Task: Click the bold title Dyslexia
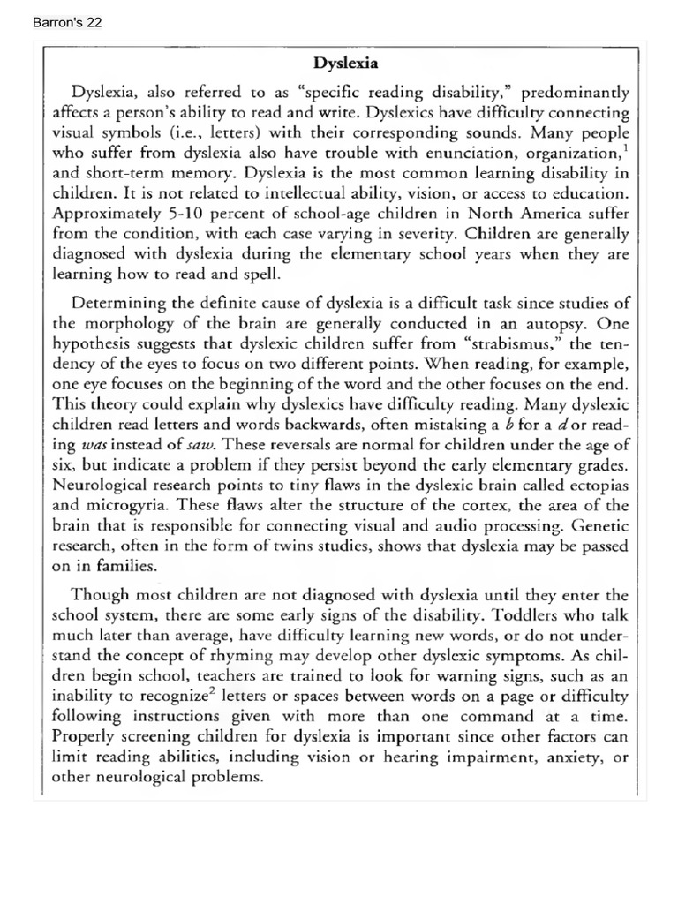347,63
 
